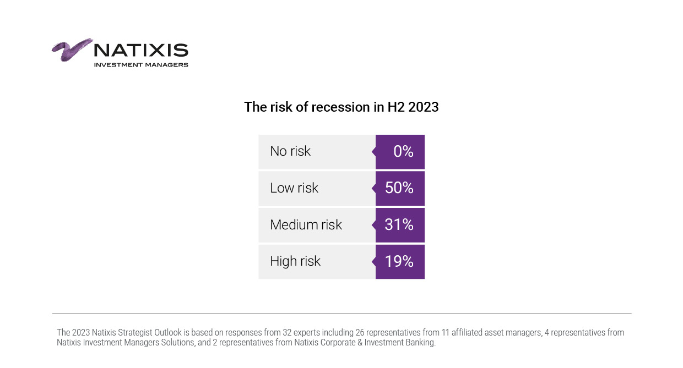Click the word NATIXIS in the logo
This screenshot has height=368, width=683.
141,51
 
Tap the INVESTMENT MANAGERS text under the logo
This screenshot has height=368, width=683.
141,65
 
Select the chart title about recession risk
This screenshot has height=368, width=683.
341,107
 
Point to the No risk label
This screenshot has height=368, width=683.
290,151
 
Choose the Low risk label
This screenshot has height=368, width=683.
294,188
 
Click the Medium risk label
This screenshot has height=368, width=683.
306,225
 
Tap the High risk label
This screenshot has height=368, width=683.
295,261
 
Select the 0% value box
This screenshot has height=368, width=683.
400,152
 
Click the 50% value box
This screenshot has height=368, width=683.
400,188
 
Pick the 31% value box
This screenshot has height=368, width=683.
400,225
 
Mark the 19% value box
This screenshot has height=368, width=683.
400,262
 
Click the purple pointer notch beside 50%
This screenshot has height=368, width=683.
373,188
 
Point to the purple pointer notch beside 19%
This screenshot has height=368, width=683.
373,262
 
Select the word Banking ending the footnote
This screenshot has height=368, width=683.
420,343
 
